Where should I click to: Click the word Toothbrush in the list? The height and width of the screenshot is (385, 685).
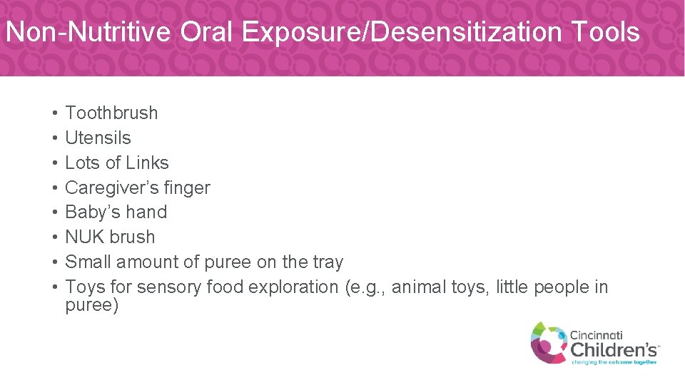point(111,113)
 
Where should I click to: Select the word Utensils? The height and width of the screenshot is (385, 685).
point(98,138)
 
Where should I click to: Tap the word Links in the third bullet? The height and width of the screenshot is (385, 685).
point(148,163)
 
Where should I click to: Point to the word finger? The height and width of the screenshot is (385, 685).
point(187,188)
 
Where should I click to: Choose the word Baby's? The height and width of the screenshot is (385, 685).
point(89,212)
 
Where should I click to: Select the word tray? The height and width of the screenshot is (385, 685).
point(325,262)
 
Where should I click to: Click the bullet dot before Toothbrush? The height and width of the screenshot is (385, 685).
point(54,113)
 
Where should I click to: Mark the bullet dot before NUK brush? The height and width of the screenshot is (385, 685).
point(54,237)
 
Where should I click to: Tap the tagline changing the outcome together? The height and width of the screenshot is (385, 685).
point(614,361)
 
